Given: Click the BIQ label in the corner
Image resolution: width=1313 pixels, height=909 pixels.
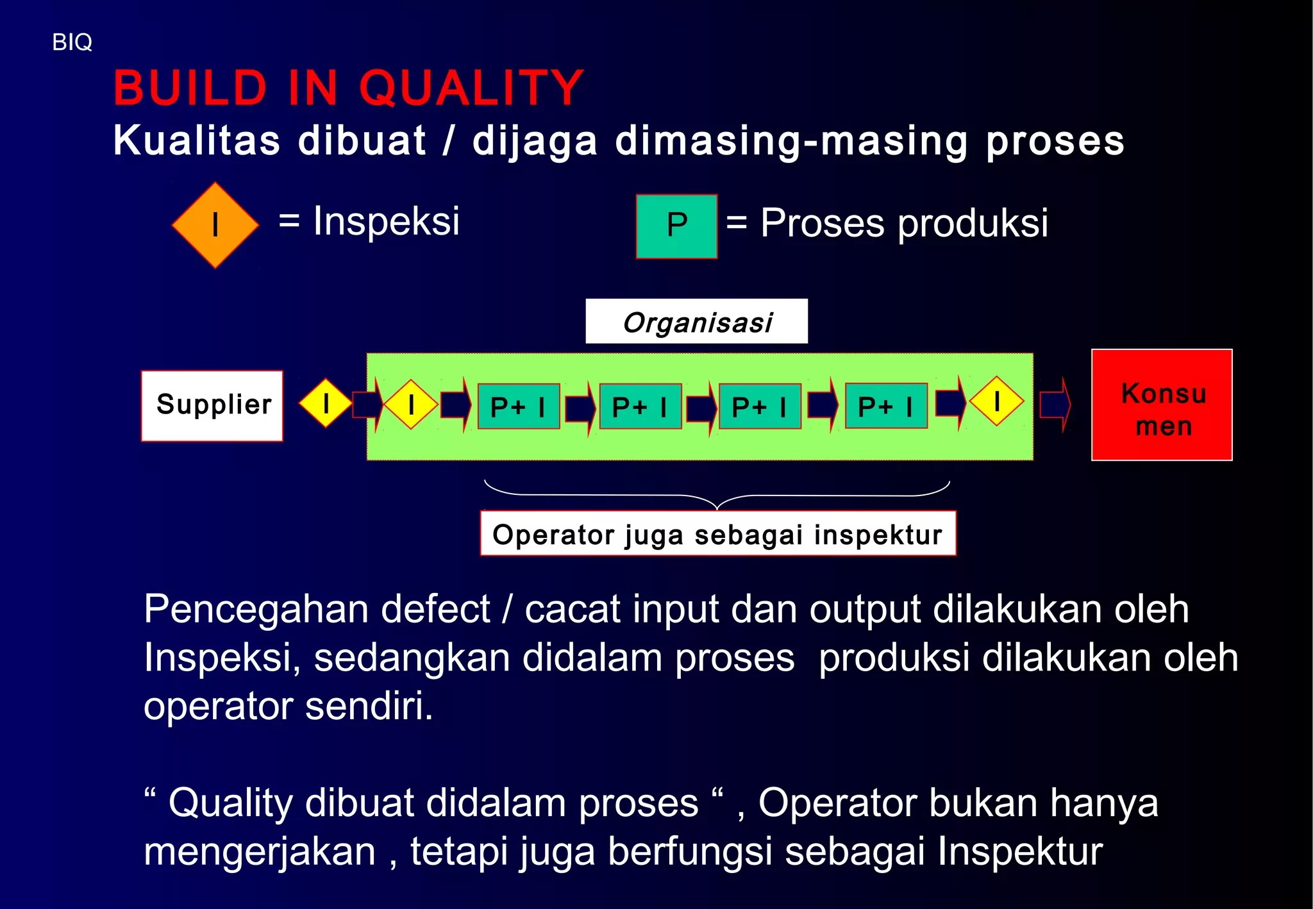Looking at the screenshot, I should coord(72,42).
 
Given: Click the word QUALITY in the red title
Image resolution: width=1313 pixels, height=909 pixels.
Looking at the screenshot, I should coord(471,88).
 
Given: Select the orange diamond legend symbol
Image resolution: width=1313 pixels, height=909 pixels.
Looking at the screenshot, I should coord(215,225).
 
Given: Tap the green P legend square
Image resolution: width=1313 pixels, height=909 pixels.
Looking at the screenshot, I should coord(676,226).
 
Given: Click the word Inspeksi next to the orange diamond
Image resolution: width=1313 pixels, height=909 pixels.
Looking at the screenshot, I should coord(386,222).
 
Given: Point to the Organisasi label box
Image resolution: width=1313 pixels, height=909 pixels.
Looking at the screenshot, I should coord(696,322).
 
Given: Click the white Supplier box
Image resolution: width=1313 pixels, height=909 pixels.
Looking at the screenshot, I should coord(212,406).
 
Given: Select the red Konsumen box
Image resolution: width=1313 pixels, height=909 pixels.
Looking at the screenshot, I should coord(1162,405).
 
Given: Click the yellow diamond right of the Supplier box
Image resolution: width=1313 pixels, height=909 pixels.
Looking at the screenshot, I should coord(326,404).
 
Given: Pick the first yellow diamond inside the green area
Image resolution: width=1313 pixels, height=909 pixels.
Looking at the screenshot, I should coord(410,404).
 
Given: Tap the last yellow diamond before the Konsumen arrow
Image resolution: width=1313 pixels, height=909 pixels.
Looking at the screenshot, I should coord(996,402).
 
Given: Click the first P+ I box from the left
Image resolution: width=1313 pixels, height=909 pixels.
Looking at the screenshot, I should coord(518,406).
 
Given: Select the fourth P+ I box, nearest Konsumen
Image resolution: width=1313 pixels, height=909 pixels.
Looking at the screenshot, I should coord(886,406).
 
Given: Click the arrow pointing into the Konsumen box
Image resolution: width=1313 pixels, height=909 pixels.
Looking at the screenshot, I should coord(1055,404).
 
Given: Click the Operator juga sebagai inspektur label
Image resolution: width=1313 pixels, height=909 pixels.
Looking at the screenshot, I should coord(717,534).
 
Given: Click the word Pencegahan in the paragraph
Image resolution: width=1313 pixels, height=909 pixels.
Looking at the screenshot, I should coord(256,609).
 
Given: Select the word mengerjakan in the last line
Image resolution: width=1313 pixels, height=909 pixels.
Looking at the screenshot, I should coord(260,852).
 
